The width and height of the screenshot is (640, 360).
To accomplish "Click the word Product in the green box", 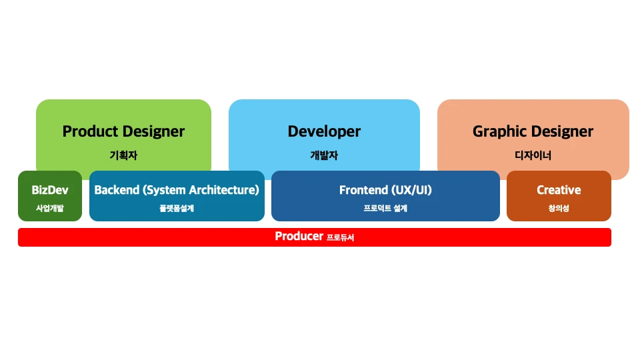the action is (90, 131).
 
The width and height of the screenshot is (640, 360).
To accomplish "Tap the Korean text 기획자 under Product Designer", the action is (123, 155).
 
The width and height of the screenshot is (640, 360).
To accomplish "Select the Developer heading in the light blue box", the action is (324, 132).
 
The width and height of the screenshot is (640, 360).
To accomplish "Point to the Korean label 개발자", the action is (324, 155).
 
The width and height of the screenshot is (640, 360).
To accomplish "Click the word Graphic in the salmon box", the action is (499, 132).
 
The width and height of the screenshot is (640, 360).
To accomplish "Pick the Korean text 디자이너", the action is (533, 155).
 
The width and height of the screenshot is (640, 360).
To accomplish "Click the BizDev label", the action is (50, 190).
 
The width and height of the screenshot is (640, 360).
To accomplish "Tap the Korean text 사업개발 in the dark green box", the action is (50, 208).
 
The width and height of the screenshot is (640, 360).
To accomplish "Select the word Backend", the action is (117, 190).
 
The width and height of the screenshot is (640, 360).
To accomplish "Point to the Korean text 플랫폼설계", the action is (177, 208).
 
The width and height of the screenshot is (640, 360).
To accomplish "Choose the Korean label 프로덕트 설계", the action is (385, 208).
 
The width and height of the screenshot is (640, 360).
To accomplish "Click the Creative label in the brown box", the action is (559, 190).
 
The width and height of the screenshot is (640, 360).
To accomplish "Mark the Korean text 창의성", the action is (559, 208).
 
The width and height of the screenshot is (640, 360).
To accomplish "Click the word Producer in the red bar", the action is (299, 236).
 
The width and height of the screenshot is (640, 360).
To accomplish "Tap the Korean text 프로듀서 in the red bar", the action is (340, 237).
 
